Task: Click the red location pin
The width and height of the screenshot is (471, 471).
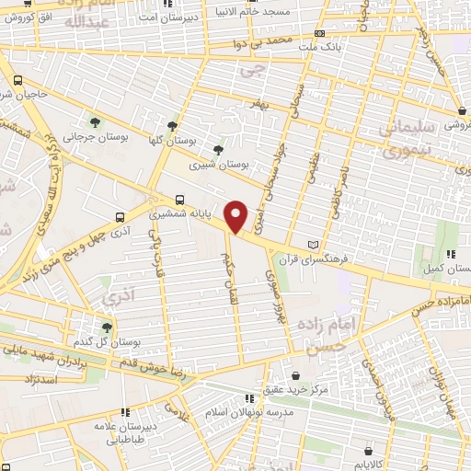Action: (236, 215)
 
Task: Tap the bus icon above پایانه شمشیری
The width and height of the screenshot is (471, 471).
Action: (179, 198)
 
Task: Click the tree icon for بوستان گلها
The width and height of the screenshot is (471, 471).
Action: (172, 126)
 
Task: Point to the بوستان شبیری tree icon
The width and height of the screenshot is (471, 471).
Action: (218, 149)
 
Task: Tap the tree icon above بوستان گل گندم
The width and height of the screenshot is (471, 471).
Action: (108, 327)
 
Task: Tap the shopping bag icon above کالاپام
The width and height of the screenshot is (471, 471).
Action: (370, 452)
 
